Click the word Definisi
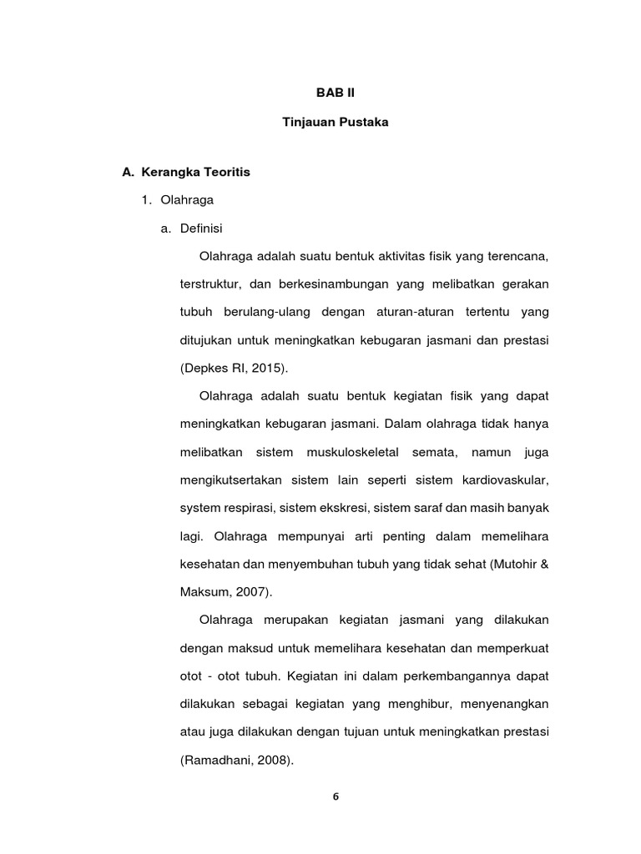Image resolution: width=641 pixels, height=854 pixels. [x=203, y=227]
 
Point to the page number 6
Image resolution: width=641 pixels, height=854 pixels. [x=336, y=796]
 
